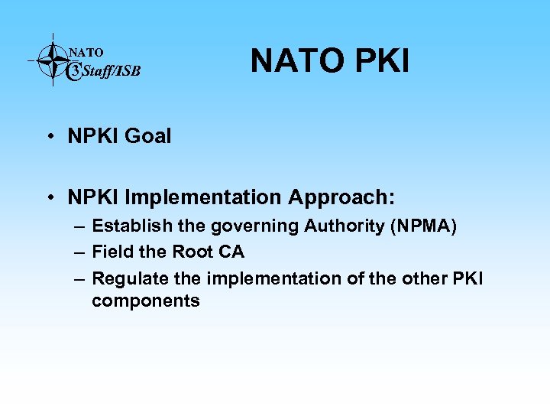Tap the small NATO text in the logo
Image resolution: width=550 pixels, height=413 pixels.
click(x=86, y=53)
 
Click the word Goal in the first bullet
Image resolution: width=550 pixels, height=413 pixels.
click(x=148, y=137)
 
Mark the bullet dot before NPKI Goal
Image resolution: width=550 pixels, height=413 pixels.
click(x=48, y=137)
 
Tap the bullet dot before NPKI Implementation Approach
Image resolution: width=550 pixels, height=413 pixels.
click(x=48, y=198)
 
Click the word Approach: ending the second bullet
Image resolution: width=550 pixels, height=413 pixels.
click(x=341, y=198)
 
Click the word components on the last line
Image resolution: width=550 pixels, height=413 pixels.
click(x=145, y=301)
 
